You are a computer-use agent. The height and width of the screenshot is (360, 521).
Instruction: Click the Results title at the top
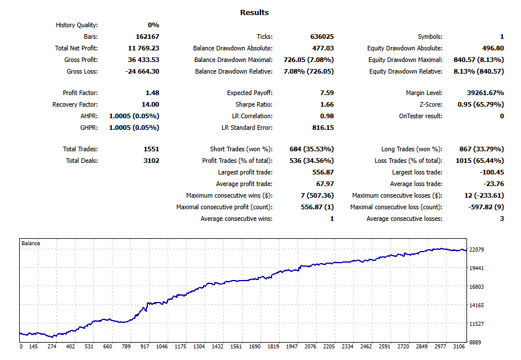tap(254, 12)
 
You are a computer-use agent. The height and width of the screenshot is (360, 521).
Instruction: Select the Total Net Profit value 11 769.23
tap(143, 48)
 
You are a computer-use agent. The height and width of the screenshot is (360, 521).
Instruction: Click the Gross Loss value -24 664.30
tap(142, 71)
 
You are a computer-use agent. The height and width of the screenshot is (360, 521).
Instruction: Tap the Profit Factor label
tap(80, 93)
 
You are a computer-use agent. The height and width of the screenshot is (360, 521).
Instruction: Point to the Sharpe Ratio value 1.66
tap(327, 104)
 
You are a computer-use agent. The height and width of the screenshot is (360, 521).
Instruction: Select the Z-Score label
tap(430, 104)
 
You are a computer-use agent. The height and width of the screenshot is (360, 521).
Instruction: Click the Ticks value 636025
tap(322, 37)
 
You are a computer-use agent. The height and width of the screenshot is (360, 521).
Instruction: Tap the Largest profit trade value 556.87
tap(323, 172)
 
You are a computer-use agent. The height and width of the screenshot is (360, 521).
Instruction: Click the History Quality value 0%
tap(153, 25)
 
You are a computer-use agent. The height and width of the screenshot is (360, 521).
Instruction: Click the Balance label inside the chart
tap(31, 243)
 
